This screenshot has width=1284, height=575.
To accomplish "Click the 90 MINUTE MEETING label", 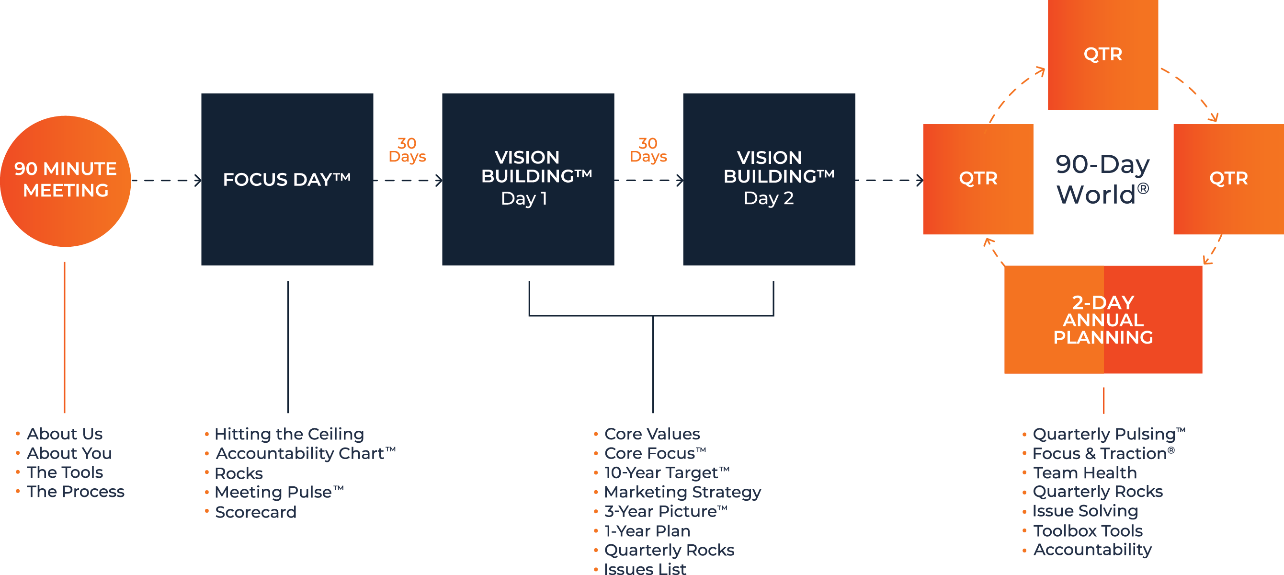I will click(x=65, y=180).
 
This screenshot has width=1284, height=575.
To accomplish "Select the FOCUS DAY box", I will click(x=286, y=180).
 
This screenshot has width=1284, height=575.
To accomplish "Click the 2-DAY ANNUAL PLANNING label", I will click(x=1102, y=320).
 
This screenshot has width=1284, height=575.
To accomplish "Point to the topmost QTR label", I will click(x=1102, y=54).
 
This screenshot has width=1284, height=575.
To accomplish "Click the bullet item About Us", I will click(x=64, y=434).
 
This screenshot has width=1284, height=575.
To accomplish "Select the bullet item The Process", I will click(x=75, y=492).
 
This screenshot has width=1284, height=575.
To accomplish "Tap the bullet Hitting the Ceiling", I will click(x=289, y=434).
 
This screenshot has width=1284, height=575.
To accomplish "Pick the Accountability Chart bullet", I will click(x=305, y=453).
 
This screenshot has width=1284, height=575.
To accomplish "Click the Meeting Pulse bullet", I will click(x=279, y=492).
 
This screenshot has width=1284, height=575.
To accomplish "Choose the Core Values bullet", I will click(x=652, y=434).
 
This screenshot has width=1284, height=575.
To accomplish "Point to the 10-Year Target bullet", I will click(x=666, y=472).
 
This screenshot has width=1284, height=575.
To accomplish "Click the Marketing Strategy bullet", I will click(x=682, y=492).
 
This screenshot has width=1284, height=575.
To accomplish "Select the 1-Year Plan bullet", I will click(x=647, y=531).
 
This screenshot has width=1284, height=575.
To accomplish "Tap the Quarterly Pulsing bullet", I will click(x=1108, y=434).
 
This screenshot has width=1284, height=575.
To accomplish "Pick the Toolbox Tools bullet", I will click(x=1088, y=530).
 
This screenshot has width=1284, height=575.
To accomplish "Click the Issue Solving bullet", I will click(x=1085, y=511).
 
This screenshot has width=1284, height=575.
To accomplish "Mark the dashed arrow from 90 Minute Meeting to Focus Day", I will click(x=165, y=181).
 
